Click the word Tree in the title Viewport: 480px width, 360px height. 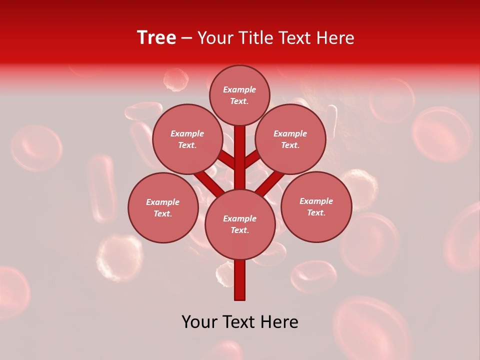click(156, 38)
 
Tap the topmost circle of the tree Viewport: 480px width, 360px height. click(239, 95)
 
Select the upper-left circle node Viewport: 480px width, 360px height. click(187, 139)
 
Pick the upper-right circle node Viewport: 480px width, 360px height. click(290, 139)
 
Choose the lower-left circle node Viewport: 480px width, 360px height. click(163, 208)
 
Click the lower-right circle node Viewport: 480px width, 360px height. click(316, 207)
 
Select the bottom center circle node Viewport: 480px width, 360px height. click(240, 224)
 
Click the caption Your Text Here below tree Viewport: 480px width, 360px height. click(240, 322)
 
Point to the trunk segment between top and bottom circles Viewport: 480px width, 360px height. click(240, 157)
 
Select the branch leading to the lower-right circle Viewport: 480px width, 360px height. click(271, 182)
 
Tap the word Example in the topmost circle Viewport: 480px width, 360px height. click(239, 90)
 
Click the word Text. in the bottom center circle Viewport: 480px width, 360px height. click(239, 230)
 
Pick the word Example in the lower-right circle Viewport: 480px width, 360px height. click(316, 201)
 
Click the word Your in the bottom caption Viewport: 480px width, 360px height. click(198, 322)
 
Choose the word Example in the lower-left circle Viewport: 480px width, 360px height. click(163, 202)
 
